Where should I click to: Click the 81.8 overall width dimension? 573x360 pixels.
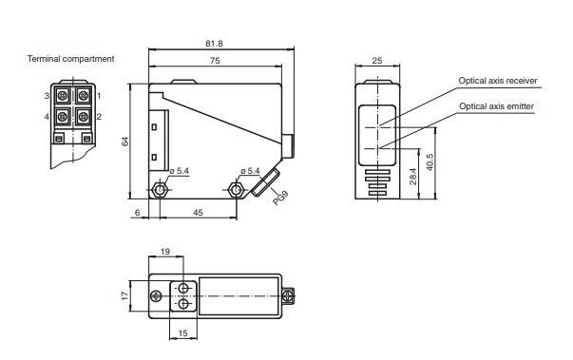pos(214,44)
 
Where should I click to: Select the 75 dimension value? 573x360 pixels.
pos(215,61)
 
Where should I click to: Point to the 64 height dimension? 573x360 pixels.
pos(125,141)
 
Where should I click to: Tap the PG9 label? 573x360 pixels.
pos(280,198)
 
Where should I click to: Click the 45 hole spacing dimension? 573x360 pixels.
pos(198,213)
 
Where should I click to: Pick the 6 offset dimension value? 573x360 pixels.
pos(138,213)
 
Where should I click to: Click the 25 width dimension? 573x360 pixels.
pos(376,61)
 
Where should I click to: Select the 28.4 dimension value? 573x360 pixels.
pos(413,176)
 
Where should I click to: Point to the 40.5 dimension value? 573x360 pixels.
pos(430,162)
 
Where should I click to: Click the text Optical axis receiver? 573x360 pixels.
pos(498,81)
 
